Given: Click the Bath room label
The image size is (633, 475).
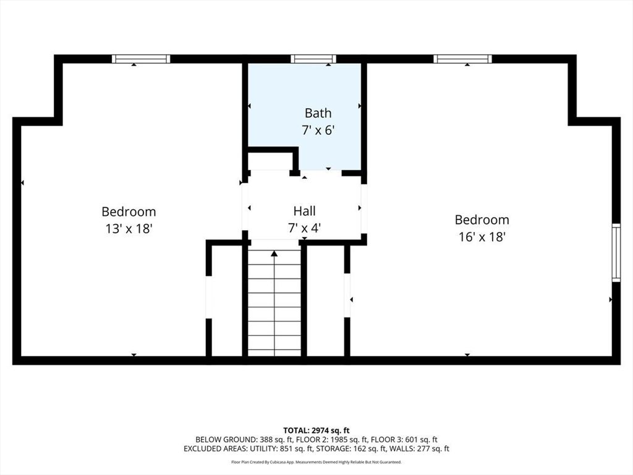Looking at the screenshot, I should point(318,113).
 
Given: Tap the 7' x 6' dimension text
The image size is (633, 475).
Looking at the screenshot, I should point(318,131).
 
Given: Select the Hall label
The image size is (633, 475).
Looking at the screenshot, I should point(304,212).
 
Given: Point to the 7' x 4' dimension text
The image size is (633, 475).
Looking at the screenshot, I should point(304,228).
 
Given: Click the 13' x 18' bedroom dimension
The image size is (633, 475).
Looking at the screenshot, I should point(129,228).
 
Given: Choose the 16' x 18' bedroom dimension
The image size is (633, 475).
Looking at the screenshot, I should point(482,236).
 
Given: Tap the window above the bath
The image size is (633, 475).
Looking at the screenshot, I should point(313,59).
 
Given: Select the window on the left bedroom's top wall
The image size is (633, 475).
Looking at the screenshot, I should point(141,59).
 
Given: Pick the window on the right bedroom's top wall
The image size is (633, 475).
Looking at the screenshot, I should point(462,59).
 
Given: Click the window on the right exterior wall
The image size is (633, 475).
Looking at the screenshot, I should point(616,253).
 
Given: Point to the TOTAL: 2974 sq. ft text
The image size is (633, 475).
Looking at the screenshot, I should point(316,430).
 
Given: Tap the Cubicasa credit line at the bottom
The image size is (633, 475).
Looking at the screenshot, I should point(316,462).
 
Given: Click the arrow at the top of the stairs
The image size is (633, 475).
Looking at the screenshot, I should point(274,253).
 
